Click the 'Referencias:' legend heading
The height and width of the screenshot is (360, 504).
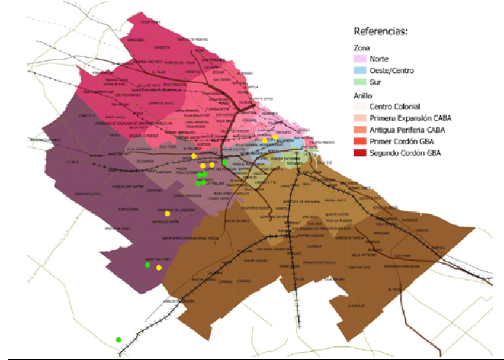coord(381,31)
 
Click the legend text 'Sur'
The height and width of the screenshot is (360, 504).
coord(375,82)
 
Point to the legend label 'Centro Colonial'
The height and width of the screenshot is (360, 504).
coord(396,107)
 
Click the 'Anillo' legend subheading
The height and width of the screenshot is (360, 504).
coord(362,95)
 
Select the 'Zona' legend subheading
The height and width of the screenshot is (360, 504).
coord(361,47)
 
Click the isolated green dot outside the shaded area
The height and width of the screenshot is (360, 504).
coord(118,339)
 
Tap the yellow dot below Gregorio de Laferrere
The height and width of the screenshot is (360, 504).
coord(168,213)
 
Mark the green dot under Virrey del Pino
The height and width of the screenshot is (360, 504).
coord(147,265)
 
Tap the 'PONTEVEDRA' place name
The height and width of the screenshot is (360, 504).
coord(129,208)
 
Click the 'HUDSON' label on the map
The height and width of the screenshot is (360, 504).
coord(422,229)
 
